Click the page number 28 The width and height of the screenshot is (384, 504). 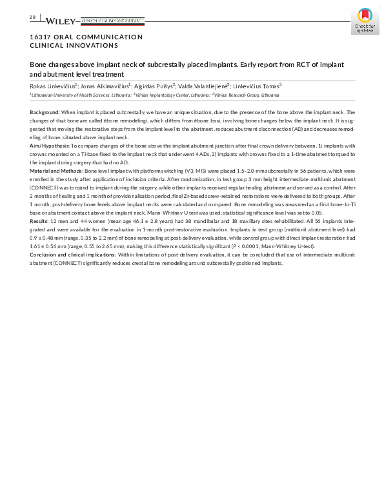(x=32, y=17)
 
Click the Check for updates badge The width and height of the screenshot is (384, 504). (x=365, y=22)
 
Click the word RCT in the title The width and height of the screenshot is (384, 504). (x=292, y=65)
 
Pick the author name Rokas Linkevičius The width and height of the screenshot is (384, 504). (x=54, y=85)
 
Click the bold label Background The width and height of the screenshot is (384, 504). (x=45, y=112)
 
